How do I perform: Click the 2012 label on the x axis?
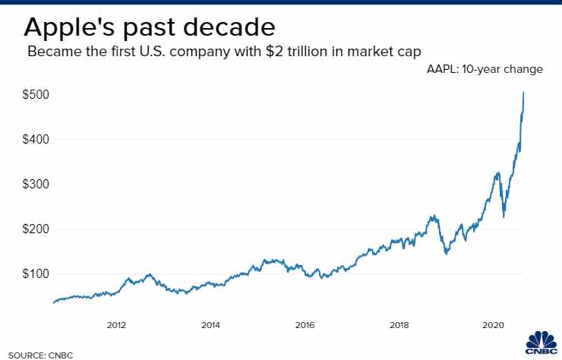click(116, 325)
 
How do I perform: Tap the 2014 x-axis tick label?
click(210, 325)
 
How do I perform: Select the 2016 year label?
click(305, 325)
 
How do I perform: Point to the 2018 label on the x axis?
click(399, 325)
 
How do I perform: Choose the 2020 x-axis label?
click(493, 325)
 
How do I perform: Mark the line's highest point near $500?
click(524, 92)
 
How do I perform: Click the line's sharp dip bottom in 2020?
click(504, 217)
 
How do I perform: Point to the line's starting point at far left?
click(53, 302)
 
